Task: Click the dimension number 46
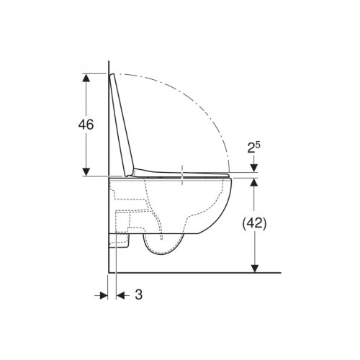tap(86, 125)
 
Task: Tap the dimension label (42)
tap(254, 224)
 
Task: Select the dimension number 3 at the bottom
tap(139, 294)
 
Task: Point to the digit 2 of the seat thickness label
tap(251, 148)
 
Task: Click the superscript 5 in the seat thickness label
tap(258, 145)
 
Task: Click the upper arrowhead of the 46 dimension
tap(86, 78)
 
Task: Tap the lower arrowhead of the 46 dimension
tap(86, 172)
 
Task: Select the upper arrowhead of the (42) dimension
tap(254, 182)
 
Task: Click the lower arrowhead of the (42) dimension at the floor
tap(254, 269)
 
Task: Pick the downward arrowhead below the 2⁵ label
tap(254, 168)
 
